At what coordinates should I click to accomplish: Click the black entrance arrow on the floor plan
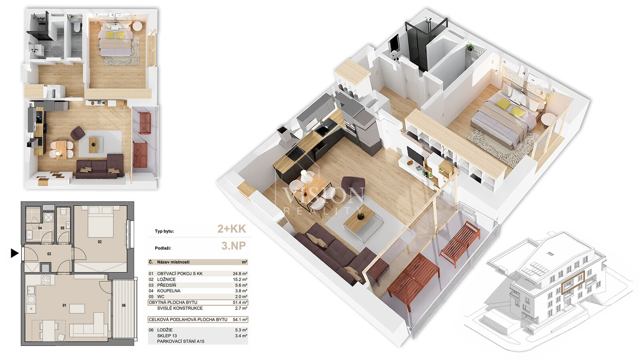coord(14,253)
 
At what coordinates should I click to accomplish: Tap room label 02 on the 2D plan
coord(100,242)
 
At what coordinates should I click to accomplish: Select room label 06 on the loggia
coord(124,306)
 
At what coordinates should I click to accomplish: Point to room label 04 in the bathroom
coord(40,228)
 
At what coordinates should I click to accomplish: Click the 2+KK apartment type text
coord(232,229)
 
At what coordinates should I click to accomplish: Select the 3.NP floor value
coord(234,246)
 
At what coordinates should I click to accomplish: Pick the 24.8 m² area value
coord(240,274)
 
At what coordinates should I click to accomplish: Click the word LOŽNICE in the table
coord(166,280)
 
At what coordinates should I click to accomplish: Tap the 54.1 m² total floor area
coord(240,320)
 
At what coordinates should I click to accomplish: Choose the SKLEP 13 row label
coord(167,336)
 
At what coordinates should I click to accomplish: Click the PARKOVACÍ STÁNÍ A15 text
coord(180,342)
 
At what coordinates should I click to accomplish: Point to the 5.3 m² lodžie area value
coord(241,330)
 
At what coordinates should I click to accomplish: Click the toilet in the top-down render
coord(76,28)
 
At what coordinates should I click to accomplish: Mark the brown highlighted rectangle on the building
coord(573,282)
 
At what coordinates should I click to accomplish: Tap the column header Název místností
coord(173,262)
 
